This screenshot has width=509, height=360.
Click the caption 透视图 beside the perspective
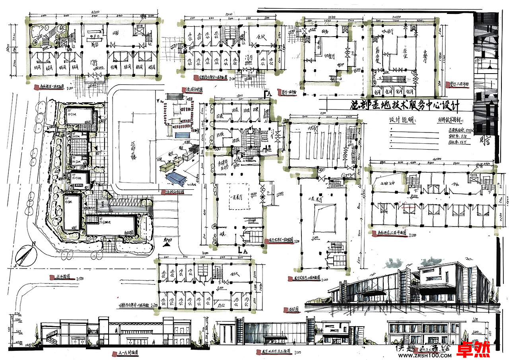[x=292, y=309]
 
